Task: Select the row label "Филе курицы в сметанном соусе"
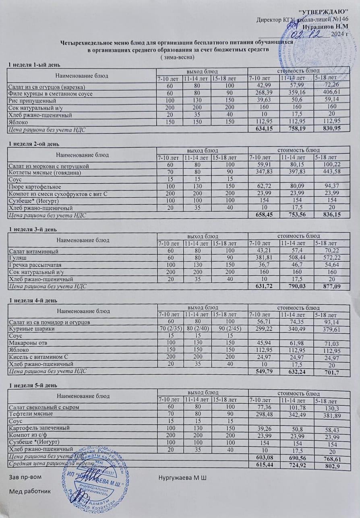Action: tap(51, 94)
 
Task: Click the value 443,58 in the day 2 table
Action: tap(327, 173)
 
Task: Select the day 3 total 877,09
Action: tap(327, 287)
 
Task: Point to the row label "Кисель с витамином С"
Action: tap(37, 357)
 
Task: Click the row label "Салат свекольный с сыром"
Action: tap(43, 407)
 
